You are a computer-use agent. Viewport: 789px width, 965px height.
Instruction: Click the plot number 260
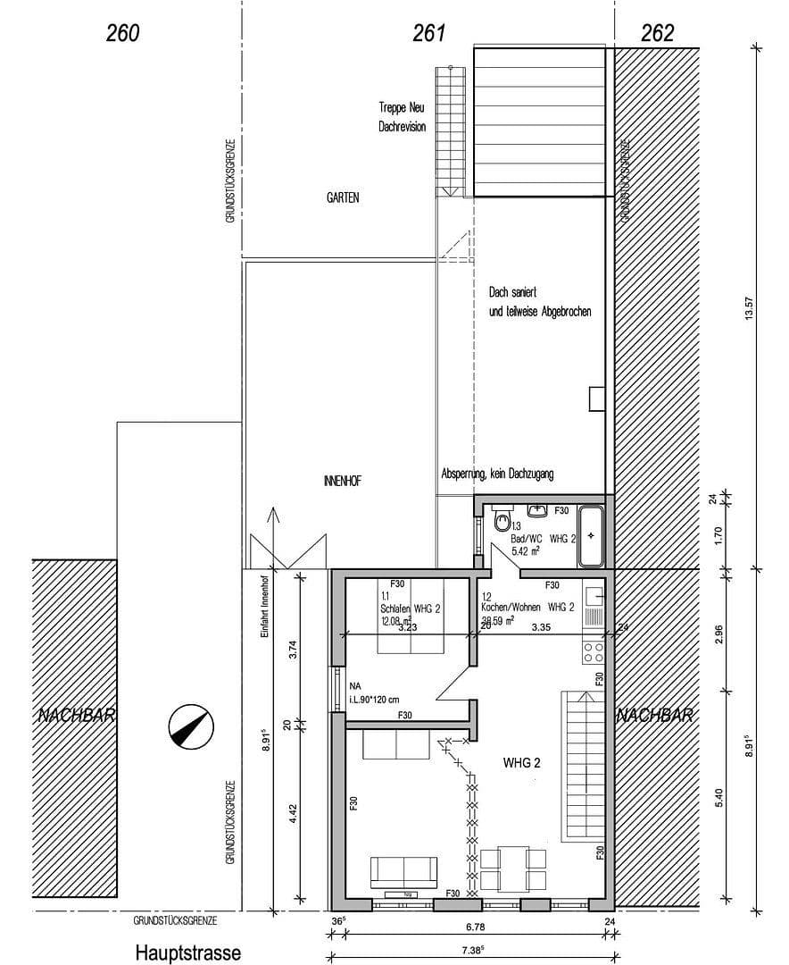[x=123, y=33]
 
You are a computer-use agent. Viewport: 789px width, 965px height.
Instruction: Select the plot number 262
[x=657, y=33]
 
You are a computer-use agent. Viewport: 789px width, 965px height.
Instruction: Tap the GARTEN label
[x=343, y=197]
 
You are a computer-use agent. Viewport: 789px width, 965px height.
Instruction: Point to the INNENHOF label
[x=343, y=481]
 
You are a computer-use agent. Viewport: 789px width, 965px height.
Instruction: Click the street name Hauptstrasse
[x=188, y=952]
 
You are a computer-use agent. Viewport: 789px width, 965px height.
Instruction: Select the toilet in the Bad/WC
[x=502, y=520]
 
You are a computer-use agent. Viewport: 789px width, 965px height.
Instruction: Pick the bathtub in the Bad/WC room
[x=591, y=536]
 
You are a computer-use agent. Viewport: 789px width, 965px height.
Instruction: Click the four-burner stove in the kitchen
[x=594, y=650]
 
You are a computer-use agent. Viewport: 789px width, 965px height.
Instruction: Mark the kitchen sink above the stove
[x=594, y=605]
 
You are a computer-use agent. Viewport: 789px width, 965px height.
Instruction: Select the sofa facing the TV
[x=403, y=869]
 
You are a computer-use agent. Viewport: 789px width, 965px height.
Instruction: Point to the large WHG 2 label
[x=522, y=763]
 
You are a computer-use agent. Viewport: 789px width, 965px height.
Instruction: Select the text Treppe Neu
[x=403, y=107]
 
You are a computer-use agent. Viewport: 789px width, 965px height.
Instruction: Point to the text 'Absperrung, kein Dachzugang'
[x=497, y=474]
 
